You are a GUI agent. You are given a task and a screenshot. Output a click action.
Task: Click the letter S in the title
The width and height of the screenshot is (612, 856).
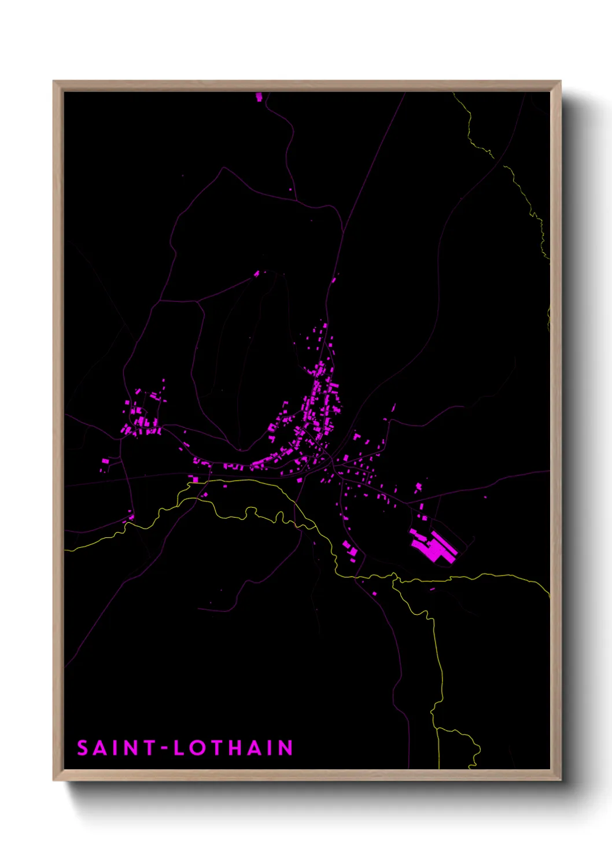pyautogui.click(x=83, y=748)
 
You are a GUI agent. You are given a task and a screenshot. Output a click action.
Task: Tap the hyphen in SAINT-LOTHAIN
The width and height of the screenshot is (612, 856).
pyautogui.click(x=164, y=748)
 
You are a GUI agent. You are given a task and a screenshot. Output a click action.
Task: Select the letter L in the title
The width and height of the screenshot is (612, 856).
pyautogui.click(x=179, y=748)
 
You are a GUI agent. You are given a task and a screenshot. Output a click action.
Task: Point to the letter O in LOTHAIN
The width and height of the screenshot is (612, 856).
pyautogui.click(x=198, y=748)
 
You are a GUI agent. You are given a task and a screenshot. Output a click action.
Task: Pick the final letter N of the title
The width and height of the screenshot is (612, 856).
pyautogui.click(x=286, y=748)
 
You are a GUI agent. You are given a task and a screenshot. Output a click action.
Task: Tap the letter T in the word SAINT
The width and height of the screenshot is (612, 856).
pyautogui.click(x=149, y=748)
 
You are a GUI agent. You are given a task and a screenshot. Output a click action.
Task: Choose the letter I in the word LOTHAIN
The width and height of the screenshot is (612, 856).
pyautogui.click(x=270, y=748)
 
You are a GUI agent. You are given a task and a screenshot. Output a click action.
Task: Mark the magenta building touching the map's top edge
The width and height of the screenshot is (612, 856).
pyautogui.click(x=259, y=97)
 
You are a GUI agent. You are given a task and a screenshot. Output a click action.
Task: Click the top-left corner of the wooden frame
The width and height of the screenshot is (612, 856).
pyautogui.click(x=54, y=82)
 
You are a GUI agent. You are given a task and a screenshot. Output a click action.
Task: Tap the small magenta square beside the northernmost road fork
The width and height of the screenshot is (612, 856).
pyautogui.click(x=290, y=189)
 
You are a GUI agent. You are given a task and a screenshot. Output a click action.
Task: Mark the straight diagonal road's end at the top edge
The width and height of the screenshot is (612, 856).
pyautogui.click(x=405, y=93)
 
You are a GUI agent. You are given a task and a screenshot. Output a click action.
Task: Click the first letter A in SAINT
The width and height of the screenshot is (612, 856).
pyautogui.click(x=101, y=748)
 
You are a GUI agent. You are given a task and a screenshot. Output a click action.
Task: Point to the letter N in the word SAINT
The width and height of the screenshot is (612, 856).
pyautogui.click(x=131, y=748)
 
